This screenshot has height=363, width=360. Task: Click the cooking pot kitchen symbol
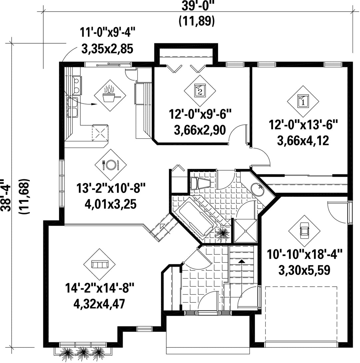[x=110, y=95]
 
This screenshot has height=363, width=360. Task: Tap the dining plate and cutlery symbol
[x=111, y=165]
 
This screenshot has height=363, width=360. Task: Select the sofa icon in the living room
[x=100, y=264]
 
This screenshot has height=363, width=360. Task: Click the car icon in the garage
[x=304, y=231]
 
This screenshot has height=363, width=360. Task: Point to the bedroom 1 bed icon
[x=303, y=101]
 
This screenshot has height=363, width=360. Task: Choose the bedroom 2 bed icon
[x=200, y=91]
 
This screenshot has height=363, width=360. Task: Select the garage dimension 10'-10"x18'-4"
[x=304, y=255]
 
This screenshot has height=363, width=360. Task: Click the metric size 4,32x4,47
[x=99, y=304]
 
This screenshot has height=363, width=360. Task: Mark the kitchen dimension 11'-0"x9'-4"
[x=107, y=32]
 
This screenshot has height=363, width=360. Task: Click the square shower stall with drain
[x=245, y=231]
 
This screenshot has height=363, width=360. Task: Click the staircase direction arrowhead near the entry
[x=242, y=261]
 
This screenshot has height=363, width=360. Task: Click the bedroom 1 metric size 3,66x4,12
[x=303, y=140]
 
